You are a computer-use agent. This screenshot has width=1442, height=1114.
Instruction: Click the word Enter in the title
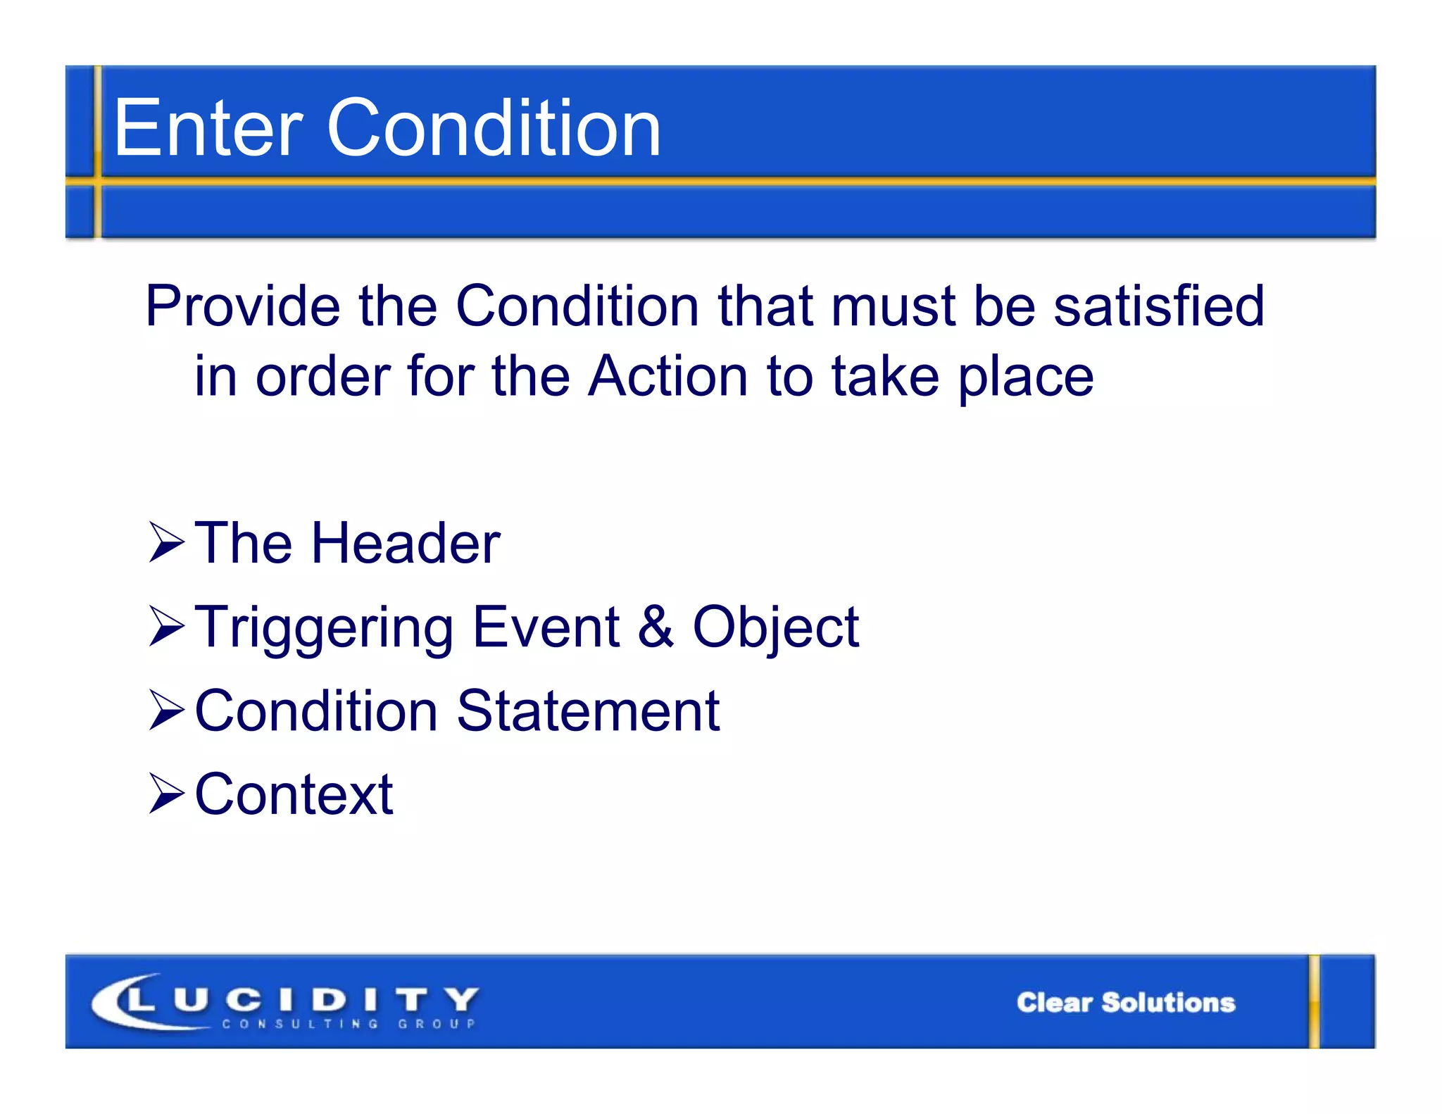(x=208, y=128)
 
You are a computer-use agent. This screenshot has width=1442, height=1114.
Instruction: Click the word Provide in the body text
(x=243, y=306)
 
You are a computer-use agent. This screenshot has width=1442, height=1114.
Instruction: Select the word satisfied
(x=1159, y=306)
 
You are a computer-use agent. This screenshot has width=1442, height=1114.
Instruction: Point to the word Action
(x=667, y=377)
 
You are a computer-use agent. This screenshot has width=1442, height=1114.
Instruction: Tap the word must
(x=893, y=308)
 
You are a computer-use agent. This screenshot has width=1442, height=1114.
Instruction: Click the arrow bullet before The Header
(x=166, y=543)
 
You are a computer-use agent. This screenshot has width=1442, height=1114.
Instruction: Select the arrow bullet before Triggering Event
(x=166, y=627)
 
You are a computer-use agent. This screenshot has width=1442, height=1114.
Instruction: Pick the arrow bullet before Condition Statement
(x=166, y=711)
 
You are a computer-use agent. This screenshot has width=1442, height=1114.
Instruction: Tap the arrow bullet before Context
(x=166, y=794)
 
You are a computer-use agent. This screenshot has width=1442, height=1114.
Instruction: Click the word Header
(x=406, y=543)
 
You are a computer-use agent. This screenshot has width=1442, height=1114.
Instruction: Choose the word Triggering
(x=324, y=628)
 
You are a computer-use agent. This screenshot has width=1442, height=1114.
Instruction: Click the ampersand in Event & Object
(x=656, y=627)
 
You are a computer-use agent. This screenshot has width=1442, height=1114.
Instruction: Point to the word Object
(x=775, y=628)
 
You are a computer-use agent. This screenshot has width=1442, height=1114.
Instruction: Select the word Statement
(x=588, y=711)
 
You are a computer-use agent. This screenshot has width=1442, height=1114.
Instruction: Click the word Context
(x=294, y=794)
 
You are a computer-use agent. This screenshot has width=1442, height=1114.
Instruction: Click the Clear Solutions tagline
(x=1125, y=1002)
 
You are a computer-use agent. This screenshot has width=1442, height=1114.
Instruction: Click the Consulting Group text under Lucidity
(x=349, y=1024)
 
